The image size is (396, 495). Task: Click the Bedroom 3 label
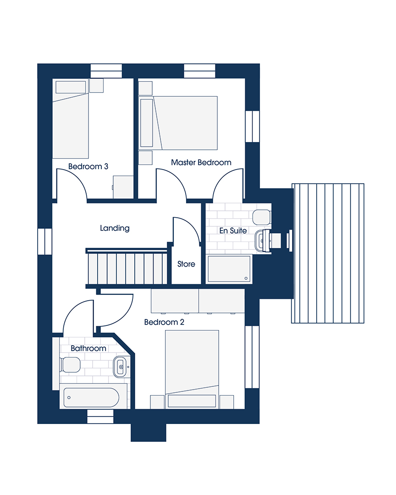88,166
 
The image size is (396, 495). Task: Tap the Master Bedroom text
201,162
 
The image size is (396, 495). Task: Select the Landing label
115,228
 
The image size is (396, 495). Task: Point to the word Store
186,264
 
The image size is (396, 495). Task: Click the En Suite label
233,231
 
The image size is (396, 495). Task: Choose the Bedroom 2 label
164,322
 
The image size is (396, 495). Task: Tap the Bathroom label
88,348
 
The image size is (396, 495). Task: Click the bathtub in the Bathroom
91,397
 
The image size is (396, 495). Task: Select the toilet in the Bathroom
70,365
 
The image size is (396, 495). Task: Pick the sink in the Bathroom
120,367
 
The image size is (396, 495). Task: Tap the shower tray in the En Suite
229,269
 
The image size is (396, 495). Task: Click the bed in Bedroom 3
71,118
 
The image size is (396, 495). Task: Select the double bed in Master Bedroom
185,123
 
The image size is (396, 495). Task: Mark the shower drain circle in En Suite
246,278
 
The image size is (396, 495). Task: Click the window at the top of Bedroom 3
106,71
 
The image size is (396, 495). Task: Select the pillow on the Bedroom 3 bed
71,87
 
